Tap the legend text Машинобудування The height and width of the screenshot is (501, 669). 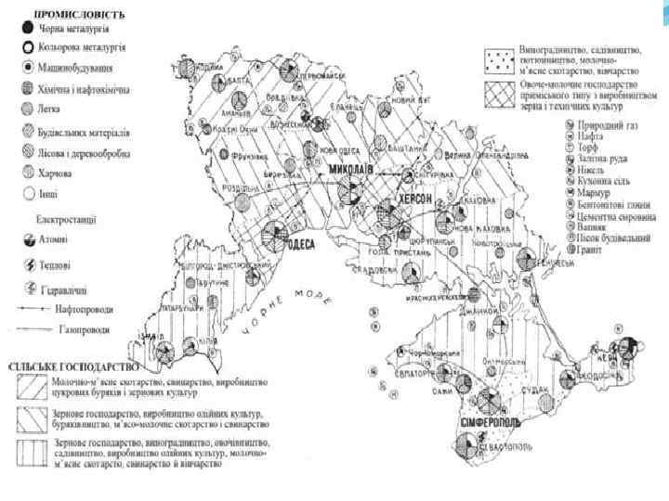click(75, 68)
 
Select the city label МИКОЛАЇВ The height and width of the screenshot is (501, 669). click(349, 171)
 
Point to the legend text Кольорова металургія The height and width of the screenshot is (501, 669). click(83, 47)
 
